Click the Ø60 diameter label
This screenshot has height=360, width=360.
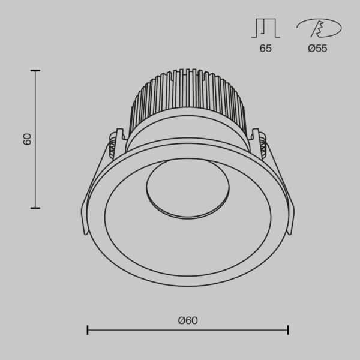(188, 320)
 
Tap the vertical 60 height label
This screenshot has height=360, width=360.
(27, 139)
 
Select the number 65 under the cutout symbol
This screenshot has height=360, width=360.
(265, 49)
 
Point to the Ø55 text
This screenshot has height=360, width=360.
(317, 49)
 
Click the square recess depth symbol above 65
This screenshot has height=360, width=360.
(265, 29)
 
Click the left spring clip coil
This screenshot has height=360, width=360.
(112, 145)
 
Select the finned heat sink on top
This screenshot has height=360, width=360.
(188, 99)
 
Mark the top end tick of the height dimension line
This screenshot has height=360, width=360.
(35, 71)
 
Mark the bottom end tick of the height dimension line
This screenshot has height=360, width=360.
(35, 208)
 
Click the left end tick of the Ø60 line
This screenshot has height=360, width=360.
(88, 329)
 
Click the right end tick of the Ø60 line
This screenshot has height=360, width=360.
(288, 329)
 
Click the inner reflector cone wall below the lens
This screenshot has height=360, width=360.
(188, 240)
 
